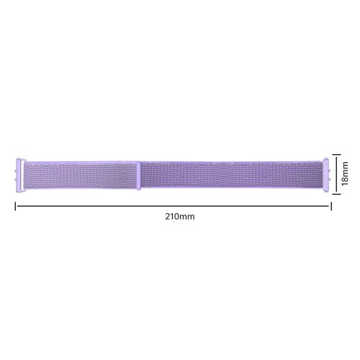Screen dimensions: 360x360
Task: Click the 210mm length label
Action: click(x=172, y=216)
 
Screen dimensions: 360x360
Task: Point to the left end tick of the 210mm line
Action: click(x=16, y=205)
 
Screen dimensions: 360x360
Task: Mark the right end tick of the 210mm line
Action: click(x=330, y=205)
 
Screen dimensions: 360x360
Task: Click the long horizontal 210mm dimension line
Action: click(x=173, y=205)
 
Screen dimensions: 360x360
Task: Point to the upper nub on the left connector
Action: click(x=15, y=165)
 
